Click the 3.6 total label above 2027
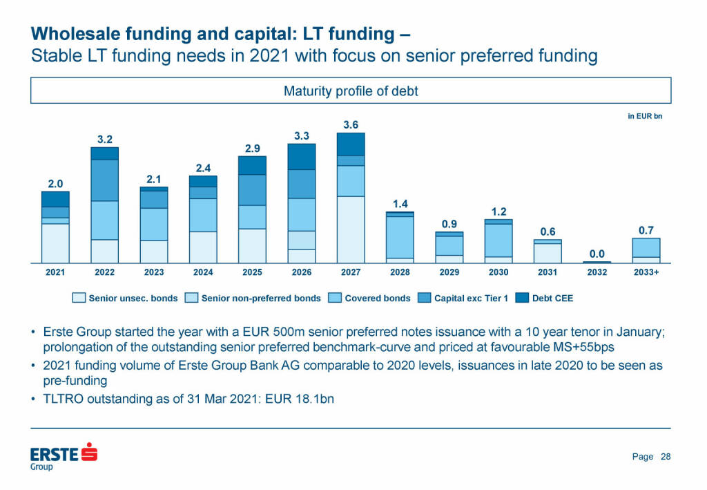[x=351, y=125]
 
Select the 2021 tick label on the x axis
[x=55, y=272]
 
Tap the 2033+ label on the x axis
[x=646, y=272]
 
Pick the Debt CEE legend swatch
[x=522, y=299]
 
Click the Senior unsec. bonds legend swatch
[x=79, y=299]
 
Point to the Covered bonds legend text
[x=377, y=299]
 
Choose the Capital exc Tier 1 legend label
[x=469, y=299]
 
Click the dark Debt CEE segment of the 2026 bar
[x=302, y=157]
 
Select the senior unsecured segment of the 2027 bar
[x=351, y=229]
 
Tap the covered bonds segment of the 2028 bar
[x=400, y=237]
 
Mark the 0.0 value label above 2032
[x=597, y=254]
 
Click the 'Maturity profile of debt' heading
[x=351, y=91]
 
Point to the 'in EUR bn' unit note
[x=644, y=117]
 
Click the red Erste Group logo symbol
[x=89, y=452]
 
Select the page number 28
[x=666, y=456]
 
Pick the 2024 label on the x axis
[x=203, y=272]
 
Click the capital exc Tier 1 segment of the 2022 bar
[x=104, y=180]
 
